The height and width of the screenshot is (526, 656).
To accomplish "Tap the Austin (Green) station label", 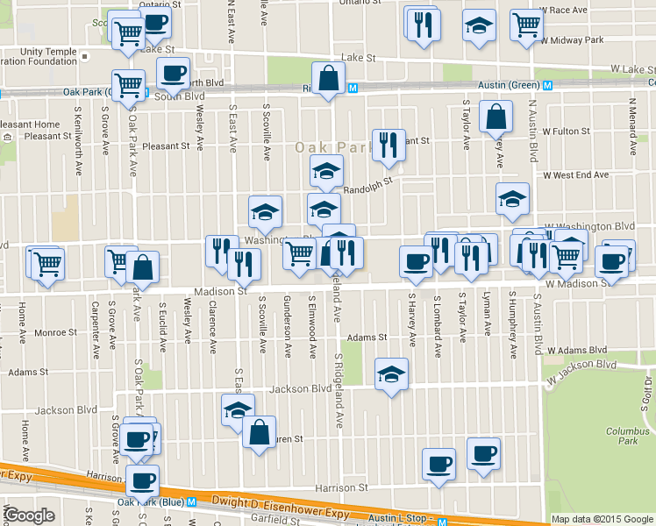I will point(509,85).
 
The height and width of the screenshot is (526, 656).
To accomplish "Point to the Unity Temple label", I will point(38,51).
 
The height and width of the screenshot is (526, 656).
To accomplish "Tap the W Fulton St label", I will point(566,131).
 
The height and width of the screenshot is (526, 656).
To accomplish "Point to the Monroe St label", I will point(55,333).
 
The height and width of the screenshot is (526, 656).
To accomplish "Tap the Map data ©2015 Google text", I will point(602,519).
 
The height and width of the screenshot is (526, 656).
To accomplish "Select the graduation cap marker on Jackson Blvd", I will point(391,374).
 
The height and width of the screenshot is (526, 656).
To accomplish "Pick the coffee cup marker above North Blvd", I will point(173,73).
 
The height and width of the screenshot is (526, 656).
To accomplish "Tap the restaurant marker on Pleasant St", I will point(389,145).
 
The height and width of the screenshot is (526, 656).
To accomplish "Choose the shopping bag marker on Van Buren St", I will point(260,432).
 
